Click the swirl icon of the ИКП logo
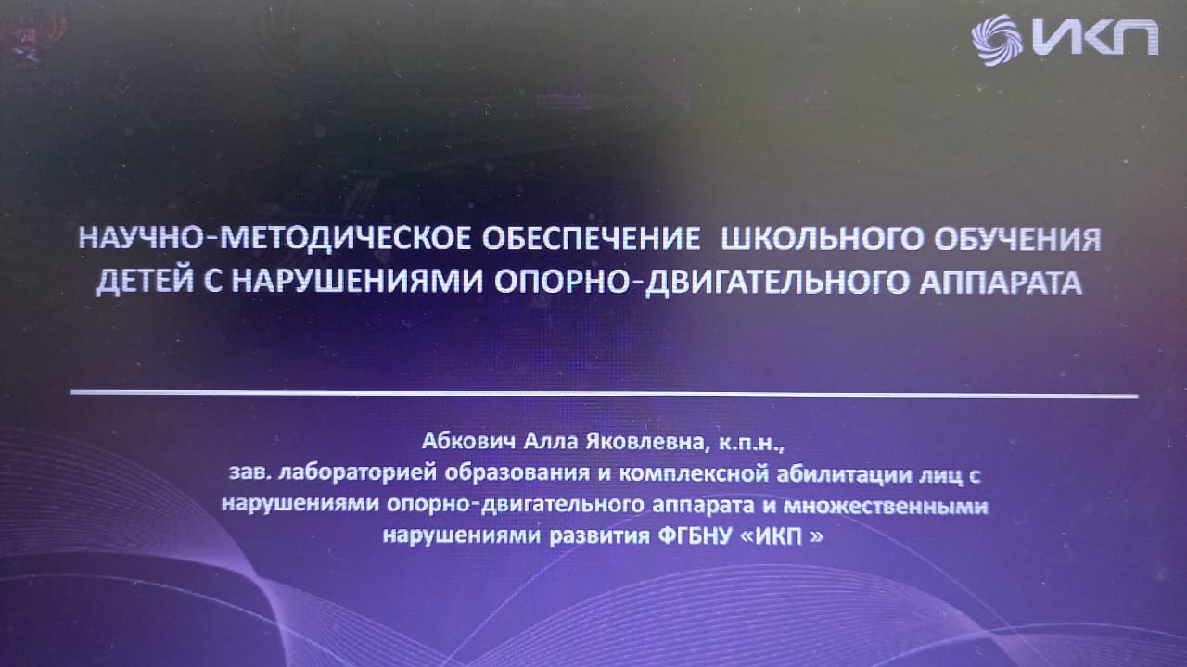pos(997,40)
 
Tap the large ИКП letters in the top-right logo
pos(1095,37)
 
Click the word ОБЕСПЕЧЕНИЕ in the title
pos(591,239)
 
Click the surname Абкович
pos(468,442)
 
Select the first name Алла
pos(550,442)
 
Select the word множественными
pos(886,506)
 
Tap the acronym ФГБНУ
pos(693,536)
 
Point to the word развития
pos(599,536)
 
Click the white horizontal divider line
pos(604,394)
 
